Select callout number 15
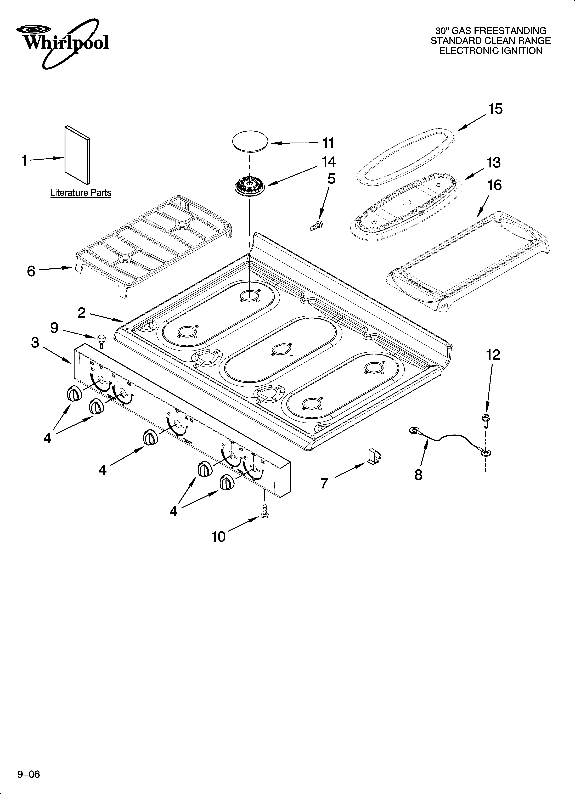[495, 109]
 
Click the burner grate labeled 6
[154, 245]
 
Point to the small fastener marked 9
[101, 340]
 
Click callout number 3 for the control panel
[35, 343]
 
